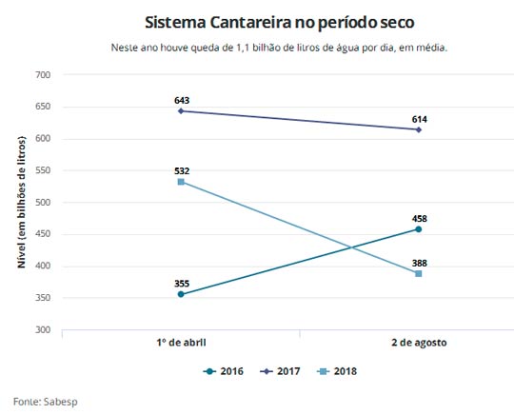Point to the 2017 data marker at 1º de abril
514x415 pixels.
(180, 111)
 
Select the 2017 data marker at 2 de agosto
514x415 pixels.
(418, 129)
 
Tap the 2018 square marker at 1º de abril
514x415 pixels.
(180, 182)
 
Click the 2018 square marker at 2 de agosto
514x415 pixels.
(418, 273)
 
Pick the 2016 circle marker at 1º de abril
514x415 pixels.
(180, 294)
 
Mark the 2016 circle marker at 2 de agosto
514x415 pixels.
(418, 228)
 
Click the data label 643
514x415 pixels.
(180, 99)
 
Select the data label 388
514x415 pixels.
(418, 261)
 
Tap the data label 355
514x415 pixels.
(180, 283)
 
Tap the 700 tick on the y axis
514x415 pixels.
(42, 75)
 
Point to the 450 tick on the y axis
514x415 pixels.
(42, 234)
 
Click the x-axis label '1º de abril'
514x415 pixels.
(180, 342)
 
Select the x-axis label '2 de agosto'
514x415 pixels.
(418, 342)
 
